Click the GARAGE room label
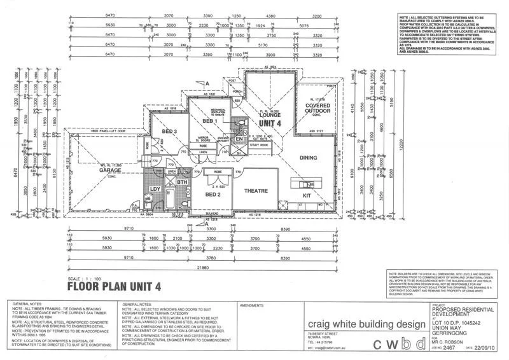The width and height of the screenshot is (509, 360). click(106, 170)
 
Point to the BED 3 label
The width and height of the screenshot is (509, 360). click(169, 131)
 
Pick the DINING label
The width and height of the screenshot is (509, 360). click(309, 156)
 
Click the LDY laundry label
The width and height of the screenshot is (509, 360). click(155, 189)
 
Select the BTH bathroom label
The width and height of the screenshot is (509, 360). click(183, 182)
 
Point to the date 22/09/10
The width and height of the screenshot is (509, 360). click(487, 349)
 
